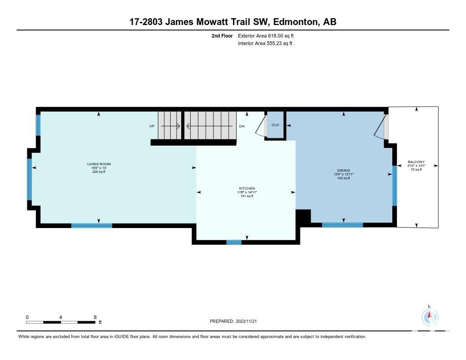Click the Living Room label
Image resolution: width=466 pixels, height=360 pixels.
pos(99,164)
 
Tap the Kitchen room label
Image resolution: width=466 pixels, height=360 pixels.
pos(247,188)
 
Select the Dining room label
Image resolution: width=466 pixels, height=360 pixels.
pos(344,170)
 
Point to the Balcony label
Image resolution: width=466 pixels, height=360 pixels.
pos(416,162)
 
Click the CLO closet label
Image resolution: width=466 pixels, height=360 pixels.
pos(275,125)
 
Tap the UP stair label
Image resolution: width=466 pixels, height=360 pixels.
pos(152,126)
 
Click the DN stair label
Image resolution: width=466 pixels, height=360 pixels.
pos(242,127)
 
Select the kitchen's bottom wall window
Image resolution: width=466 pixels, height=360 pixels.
pos(234,242)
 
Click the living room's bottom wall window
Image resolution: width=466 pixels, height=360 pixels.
pos(91,225)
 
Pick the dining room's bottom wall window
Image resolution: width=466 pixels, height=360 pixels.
pos(342,225)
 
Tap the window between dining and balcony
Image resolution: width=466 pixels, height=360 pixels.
pos(395,186)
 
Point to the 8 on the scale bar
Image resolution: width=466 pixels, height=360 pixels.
pos(95,317)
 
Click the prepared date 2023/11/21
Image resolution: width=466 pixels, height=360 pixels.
pos(246,321)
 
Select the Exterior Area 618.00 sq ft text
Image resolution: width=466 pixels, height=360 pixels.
pos(266,35)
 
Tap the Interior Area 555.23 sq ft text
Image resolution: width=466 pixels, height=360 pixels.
pos(265,43)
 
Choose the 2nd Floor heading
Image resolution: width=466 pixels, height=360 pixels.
pos(222,35)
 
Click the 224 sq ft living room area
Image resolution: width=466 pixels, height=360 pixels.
pos(99,172)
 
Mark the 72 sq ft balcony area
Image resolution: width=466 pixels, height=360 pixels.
pos(416,169)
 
